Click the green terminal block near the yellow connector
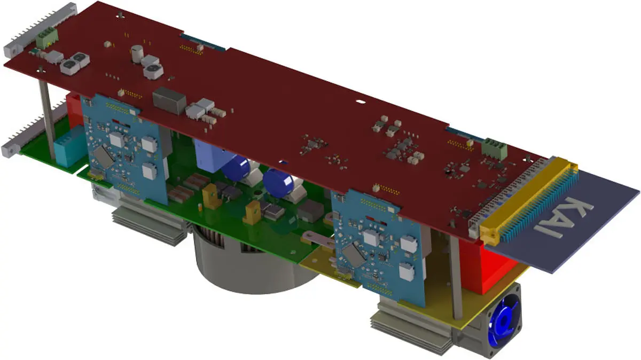pyautogui.click(x=494, y=148)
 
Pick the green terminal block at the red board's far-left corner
pyautogui.click(x=47, y=37)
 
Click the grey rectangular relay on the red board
pyautogui.click(x=169, y=100)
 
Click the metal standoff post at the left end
pyautogui.click(x=47, y=115)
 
